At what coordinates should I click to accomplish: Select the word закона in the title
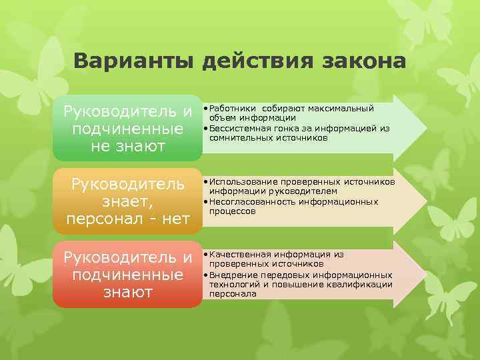364,61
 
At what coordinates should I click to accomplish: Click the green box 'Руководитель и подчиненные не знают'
127,128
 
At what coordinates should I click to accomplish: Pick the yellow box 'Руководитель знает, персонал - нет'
127,201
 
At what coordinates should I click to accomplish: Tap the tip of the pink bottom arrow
425,274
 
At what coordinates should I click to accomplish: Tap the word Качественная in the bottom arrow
237,254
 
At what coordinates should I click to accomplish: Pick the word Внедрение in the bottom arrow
229,275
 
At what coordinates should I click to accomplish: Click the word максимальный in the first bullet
346,108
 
